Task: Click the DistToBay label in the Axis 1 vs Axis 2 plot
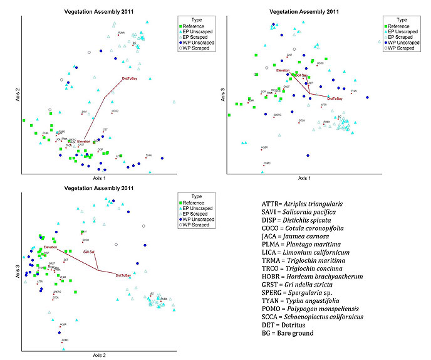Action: click(131, 79)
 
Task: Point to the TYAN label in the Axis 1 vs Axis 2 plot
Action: click(148, 156)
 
